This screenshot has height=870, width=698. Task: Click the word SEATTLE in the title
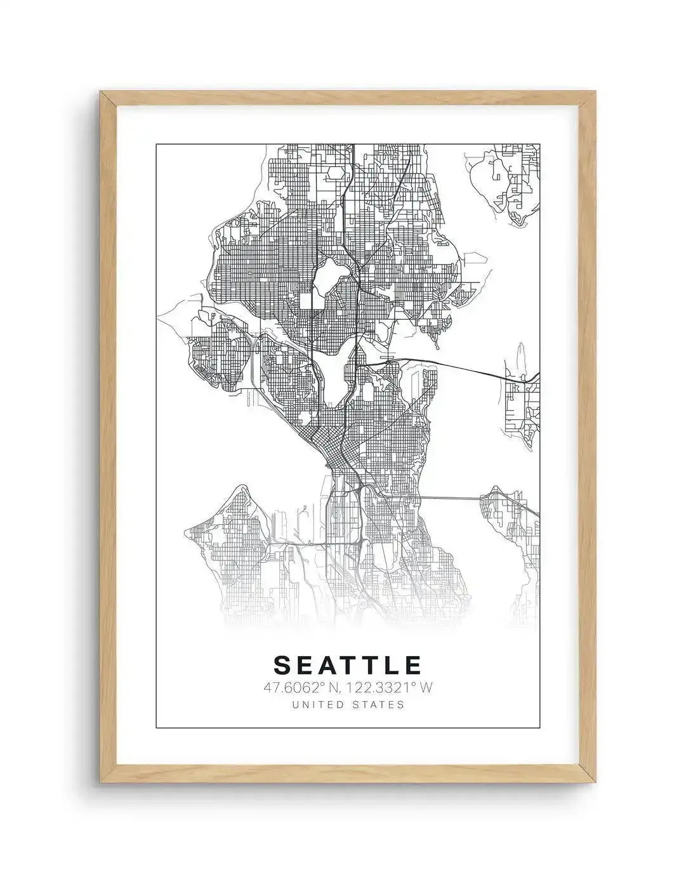348,664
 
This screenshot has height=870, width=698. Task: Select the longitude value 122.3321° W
388,687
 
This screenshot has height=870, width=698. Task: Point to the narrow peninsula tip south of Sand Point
437,339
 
